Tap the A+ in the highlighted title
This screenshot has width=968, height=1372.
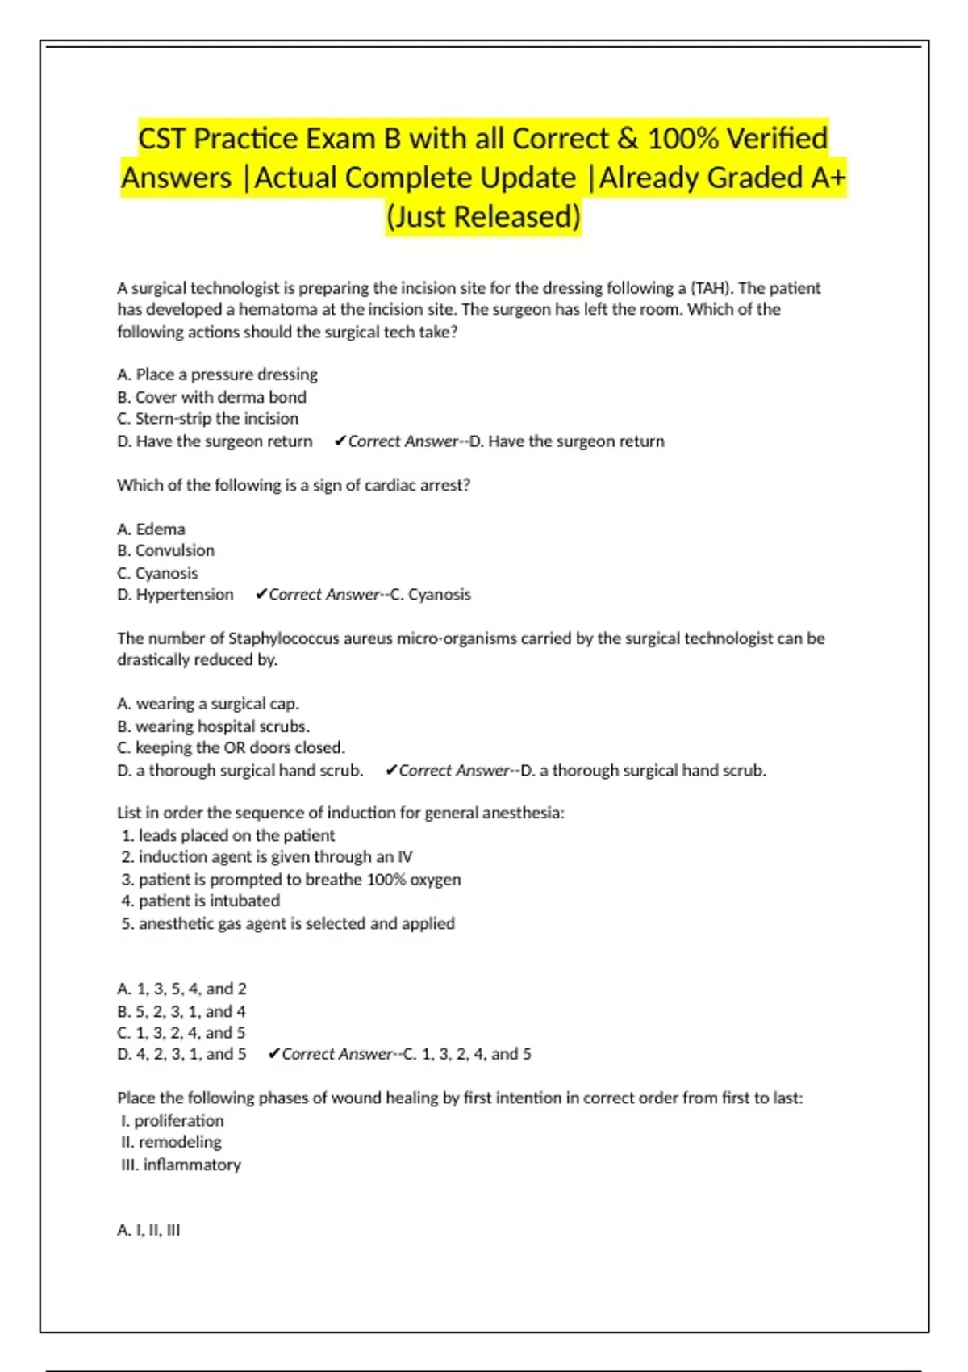(x=825, y=178)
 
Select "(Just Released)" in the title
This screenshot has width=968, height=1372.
(x=483, y=217)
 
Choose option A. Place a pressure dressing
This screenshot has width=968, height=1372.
(x=217, y=374)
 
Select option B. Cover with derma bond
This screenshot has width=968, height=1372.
(x=211, y=397)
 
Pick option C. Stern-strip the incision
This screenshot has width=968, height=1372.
(x=207, y=419)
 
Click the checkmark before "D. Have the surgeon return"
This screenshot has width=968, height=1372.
(x=340, y=441)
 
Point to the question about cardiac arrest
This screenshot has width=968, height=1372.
(x=293, y=485)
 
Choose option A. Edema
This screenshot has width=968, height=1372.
(x=151, y=529)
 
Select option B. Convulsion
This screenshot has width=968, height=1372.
(x=165, y=550)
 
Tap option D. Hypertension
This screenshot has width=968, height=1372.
(x=175, y=595)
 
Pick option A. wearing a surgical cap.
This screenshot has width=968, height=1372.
(x=207, y=704)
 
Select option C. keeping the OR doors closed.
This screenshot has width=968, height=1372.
(x=231, y=747)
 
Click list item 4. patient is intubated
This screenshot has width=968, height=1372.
(x=200, y=901)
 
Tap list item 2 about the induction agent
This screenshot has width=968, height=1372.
(x=266, y=857)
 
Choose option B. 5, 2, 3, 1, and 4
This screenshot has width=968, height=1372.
(x=181, y=1011)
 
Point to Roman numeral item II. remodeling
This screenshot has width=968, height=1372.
(x=171, y=1142)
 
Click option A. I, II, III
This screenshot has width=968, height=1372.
(x=148, y=1230)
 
